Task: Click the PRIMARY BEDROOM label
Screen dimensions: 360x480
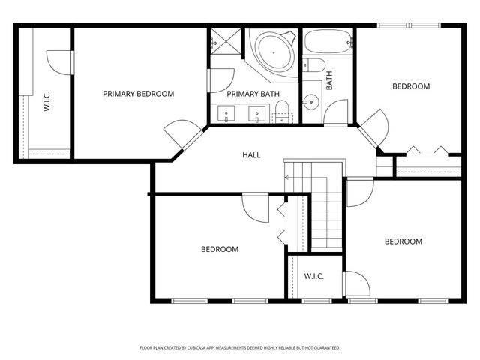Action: pyautogui.click(x=139, y=94)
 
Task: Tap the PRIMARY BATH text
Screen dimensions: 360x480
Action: pyautogui.click(x=253, y=94)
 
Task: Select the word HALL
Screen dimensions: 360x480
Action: pyautogui.click(x=251, y=155)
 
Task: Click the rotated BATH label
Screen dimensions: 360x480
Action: pyautogui.click(x=328, y=81)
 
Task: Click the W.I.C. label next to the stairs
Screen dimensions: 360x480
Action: pyautogui.click(x=313, y=277)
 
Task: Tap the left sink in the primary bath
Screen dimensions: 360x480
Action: pyautogui.click(x=225, y=115)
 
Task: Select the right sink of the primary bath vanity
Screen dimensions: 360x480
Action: pyautogui.click(x=257, y=115)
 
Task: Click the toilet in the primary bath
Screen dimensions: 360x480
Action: pyautogui.click(x=283, y=116)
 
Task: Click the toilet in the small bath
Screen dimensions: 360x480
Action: pyautogui.click(x=313, y=66)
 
